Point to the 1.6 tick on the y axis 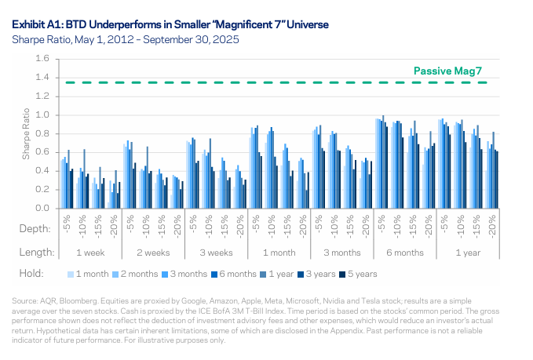(42, 59)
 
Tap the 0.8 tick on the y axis (42, 134)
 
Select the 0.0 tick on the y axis (42, 209)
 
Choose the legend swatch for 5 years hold (341, 275)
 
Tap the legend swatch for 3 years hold (298, 275)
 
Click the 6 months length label (406, 253)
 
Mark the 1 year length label (468, 253)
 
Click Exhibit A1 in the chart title (36, 25)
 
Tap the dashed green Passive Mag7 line (235, 82)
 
